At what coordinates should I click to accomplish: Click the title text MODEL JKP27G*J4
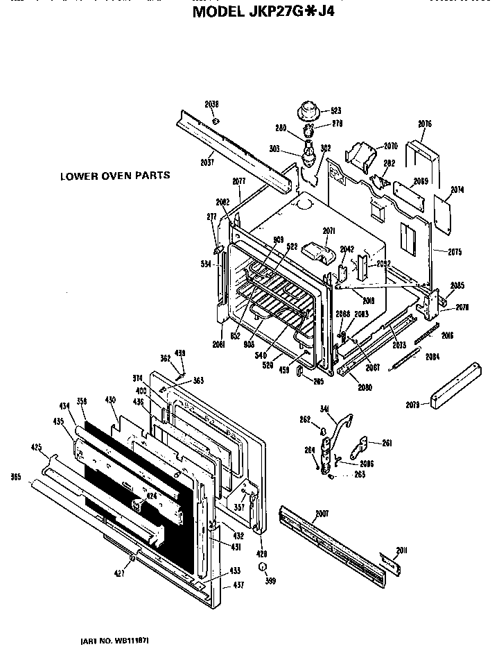coord(263,11)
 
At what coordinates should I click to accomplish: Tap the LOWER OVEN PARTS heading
coord(114,176)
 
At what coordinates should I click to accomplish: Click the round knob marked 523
coord(307,111)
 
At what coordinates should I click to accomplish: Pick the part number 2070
coord(390,146)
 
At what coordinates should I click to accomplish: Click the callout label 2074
coord(457,189)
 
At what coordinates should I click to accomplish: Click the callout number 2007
coord(322,514)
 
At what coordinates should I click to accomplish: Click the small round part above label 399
coord(263,568)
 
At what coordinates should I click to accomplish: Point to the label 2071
coord(329,230)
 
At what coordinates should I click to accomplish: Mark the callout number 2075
coord(455,251)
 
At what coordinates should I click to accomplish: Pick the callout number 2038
coord(211,104)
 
